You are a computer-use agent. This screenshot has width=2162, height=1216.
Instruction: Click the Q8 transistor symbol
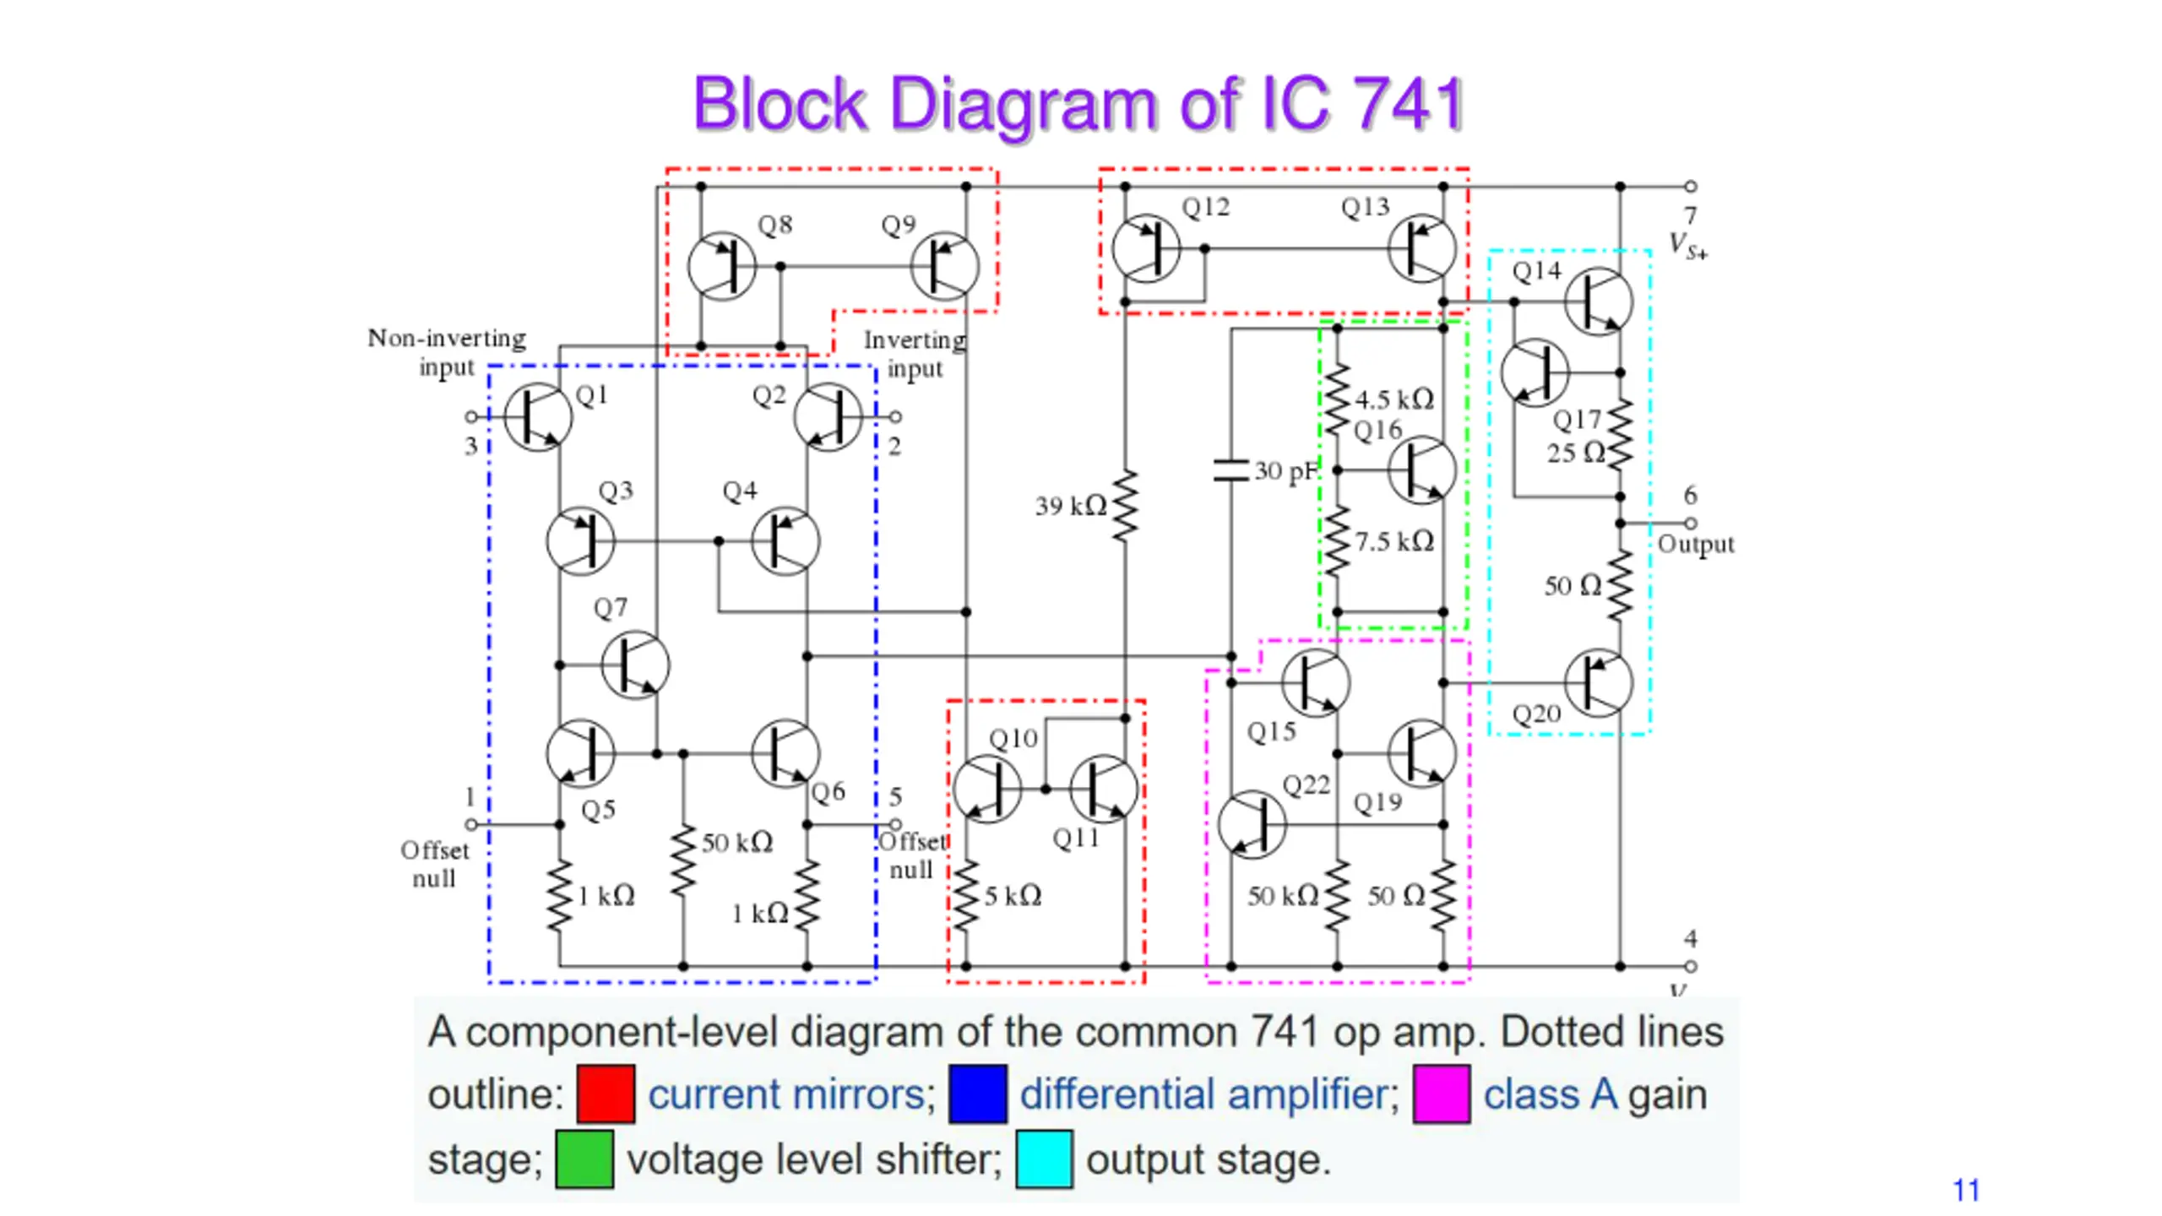(721, 267)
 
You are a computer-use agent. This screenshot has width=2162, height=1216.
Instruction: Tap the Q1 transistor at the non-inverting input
(538, 417)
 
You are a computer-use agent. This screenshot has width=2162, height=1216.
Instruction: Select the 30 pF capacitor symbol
(1230, 470)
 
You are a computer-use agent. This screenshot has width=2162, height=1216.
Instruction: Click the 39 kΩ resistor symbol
(1125, 505)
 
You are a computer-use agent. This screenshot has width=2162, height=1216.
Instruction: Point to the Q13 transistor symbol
(1422, 249)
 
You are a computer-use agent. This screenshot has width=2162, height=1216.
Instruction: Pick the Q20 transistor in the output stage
(1598, 682)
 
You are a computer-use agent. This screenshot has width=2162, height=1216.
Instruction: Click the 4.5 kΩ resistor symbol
(1337, 399)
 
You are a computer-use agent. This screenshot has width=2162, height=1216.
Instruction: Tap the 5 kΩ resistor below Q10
(966, 896)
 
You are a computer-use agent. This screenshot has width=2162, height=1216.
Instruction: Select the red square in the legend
(606, 1094)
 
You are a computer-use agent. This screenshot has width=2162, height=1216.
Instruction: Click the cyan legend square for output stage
(1044, 1159)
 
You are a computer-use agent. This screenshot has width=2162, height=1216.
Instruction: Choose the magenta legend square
(1442, 1094)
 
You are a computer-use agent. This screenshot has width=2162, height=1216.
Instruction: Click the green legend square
(584, 1159)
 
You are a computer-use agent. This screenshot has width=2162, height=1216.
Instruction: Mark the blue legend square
(978, 1094)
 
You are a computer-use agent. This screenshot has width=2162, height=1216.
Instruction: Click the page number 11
(1966, 1191)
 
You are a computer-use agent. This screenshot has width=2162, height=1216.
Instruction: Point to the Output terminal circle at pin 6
(1690, 524)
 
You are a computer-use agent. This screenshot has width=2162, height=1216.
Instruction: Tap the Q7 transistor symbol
(635, 665)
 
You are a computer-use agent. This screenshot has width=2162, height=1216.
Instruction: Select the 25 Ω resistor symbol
(1620, 435)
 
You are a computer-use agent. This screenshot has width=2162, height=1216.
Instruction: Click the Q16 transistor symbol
(1422, 470)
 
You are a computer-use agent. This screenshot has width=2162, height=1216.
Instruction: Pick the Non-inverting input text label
(447, 352)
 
